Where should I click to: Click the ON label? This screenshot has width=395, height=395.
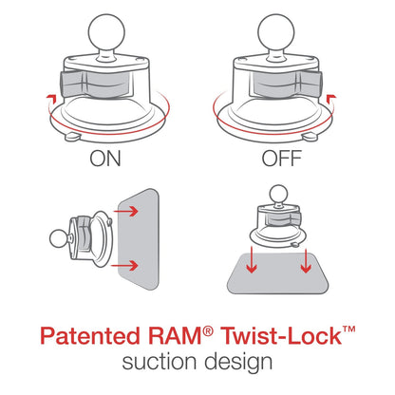click(106, 159)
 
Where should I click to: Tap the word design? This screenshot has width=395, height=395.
click(238, 363)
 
